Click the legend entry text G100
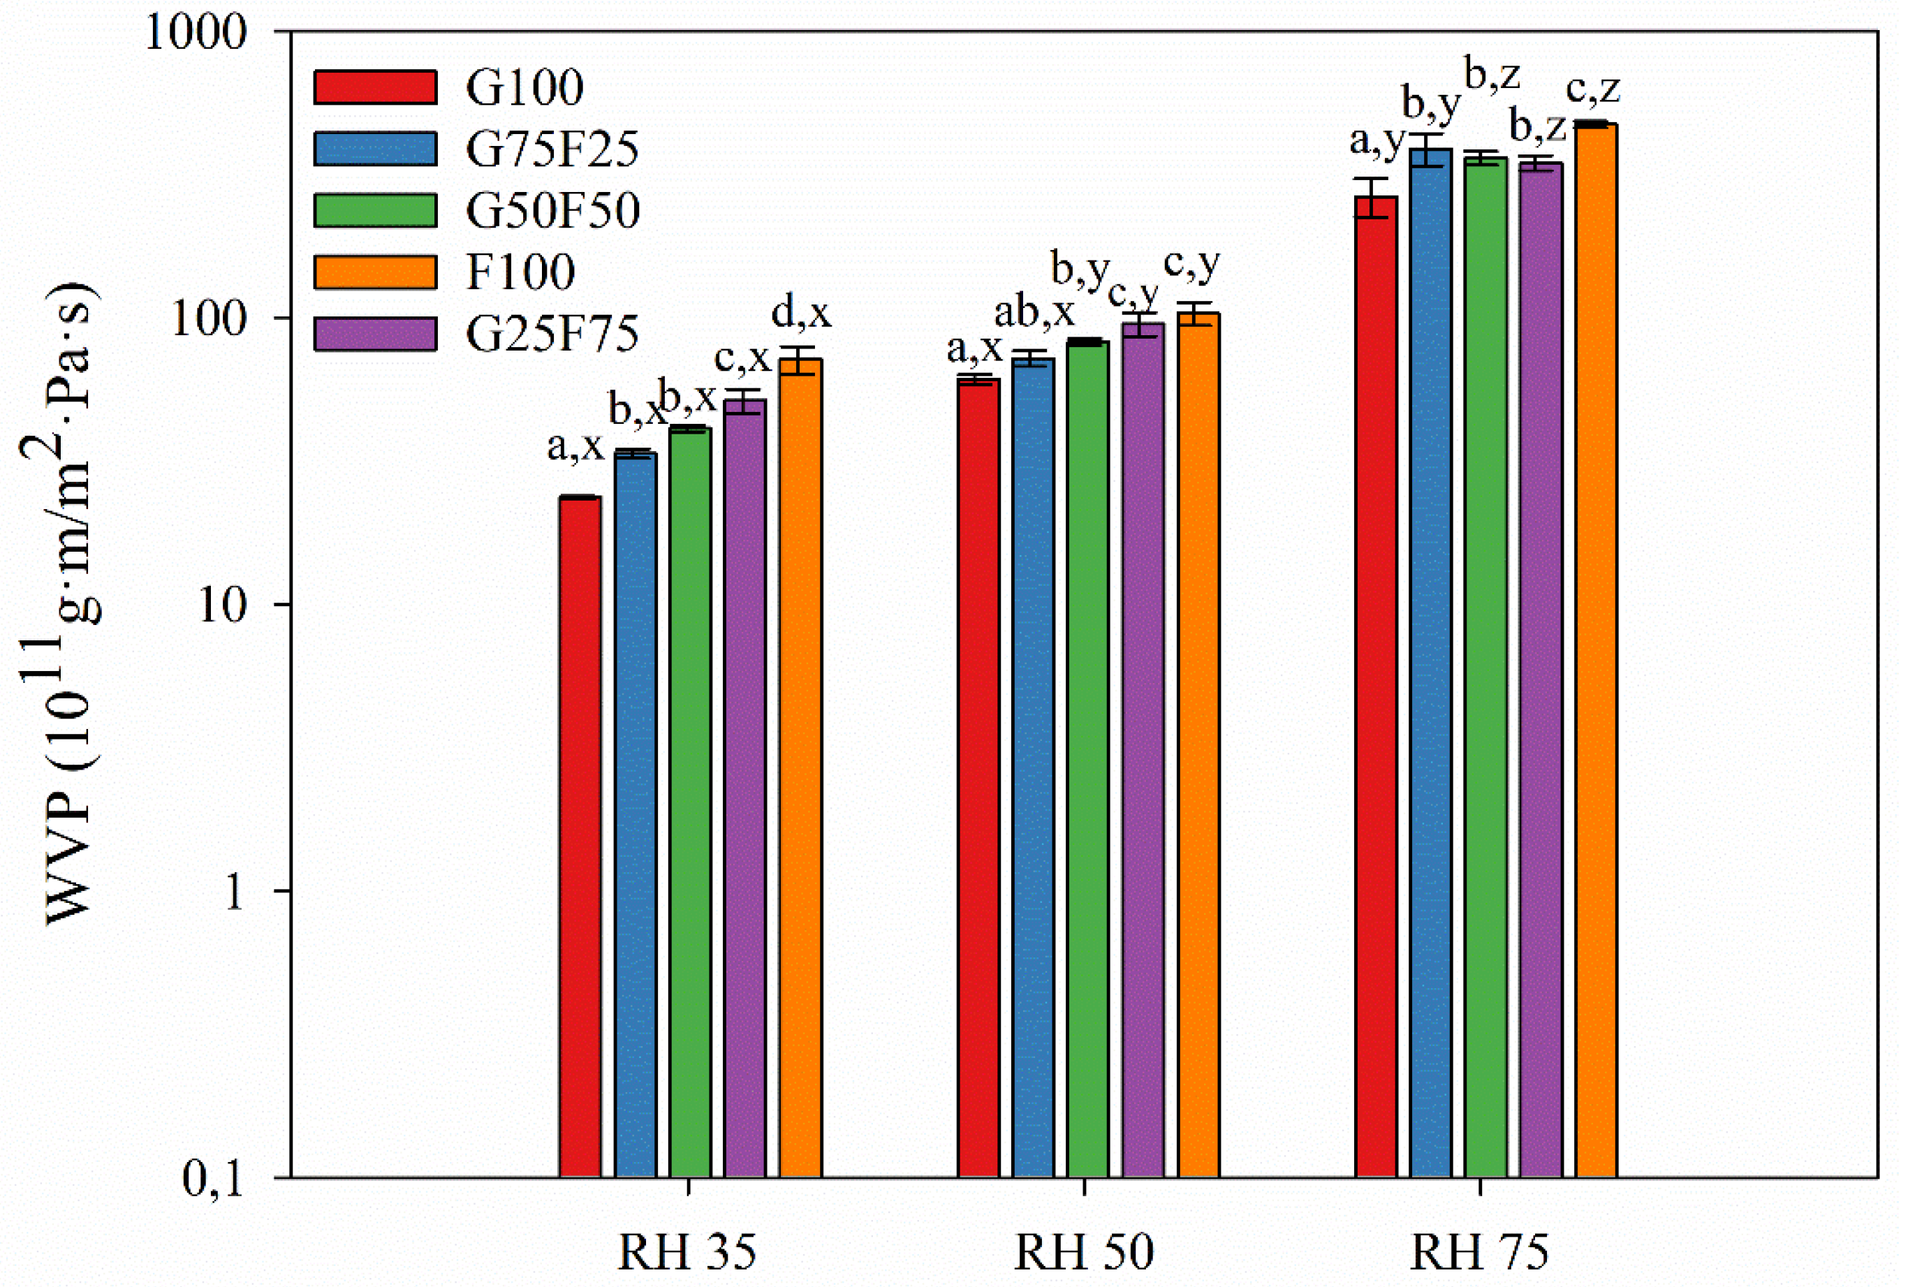click(x=524, y=87)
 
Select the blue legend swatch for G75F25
click(x=375, y=149)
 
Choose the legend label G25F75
click(x=552, y=334)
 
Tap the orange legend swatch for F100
click(x=375, y=272)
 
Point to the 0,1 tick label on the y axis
click(x=212, y=1179)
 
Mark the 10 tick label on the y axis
click(x=222, y=605)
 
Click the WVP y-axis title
click(x=70, y=603)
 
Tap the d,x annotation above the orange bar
click(x=800, y=314)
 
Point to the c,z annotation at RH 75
click(x=1592, y=89)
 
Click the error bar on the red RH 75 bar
click(x=1375, y=197)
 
